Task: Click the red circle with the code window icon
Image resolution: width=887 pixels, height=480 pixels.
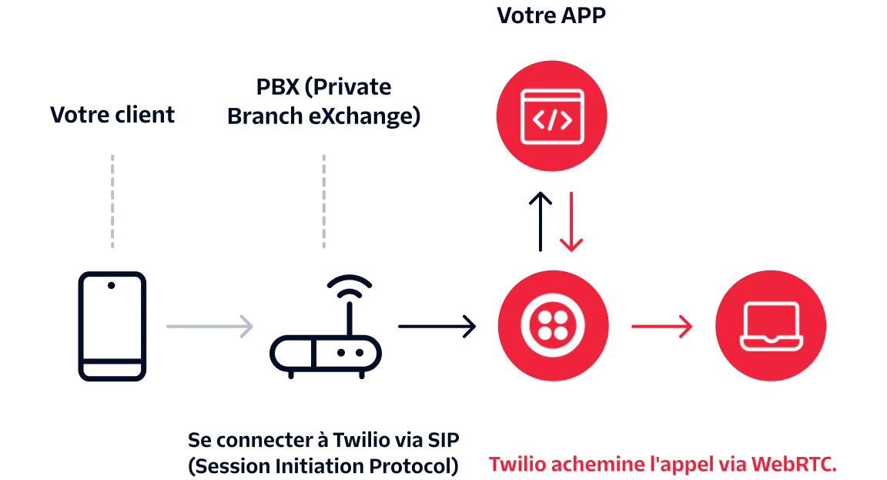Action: pyautogui.click(x=553, y=116)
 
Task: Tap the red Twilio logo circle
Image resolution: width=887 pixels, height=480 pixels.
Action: pyautogui.click(x=553, y=325)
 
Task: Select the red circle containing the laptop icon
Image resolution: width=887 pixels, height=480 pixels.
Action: pyautogui.click(x=769, y=325)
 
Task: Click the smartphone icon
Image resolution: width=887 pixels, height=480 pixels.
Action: pyautogui.click(x=112, y=326)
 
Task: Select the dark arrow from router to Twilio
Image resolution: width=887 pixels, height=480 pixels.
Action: pyautogui.click(x=437, y=326)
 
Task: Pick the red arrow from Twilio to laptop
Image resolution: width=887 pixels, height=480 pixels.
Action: pyautogui.click(x=661, y=326)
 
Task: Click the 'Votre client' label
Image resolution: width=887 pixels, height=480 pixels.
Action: pyautogui.click(x=114, y=115)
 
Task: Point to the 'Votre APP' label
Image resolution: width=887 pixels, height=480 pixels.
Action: pyautogui.click(x=552, y=13)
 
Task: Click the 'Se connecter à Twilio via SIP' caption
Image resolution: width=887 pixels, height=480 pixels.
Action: pyautogui.click(x=323, y=441)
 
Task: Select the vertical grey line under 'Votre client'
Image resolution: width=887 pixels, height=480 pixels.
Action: pyautogui.click(x=114, y=203)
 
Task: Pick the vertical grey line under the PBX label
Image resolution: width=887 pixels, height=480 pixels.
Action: pyautogui.click(x=323, y=203)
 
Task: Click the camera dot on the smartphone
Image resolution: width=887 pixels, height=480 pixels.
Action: pyautogui.click(x=112, y=285)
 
